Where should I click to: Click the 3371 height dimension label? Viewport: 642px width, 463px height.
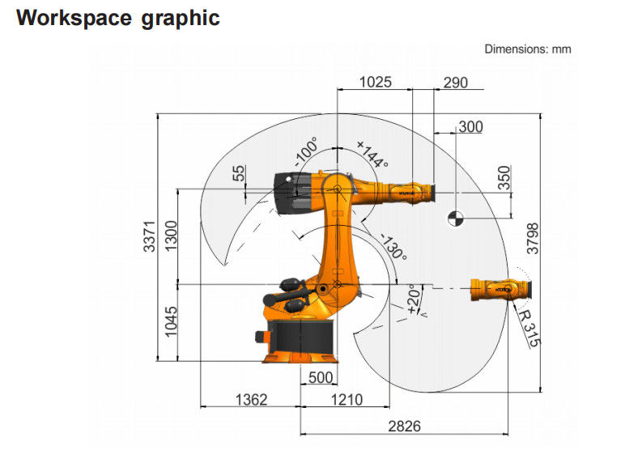click(150, 236)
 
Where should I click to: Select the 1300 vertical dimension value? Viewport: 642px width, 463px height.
click(170, 236)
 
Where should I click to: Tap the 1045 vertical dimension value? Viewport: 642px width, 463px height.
click(170, 321)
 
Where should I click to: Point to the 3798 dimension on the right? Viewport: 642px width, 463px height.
click(533, 238)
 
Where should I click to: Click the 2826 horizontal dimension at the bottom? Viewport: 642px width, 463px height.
click(404, 426)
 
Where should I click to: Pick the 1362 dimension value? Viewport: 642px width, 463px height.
click(251, 400)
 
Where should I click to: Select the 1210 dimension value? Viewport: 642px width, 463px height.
click(347, 400)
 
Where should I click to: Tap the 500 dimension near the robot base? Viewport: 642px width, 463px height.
click(321, 377)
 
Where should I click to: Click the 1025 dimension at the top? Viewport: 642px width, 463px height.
click(375, 83)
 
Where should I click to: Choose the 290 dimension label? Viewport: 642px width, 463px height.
click(455, 83)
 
